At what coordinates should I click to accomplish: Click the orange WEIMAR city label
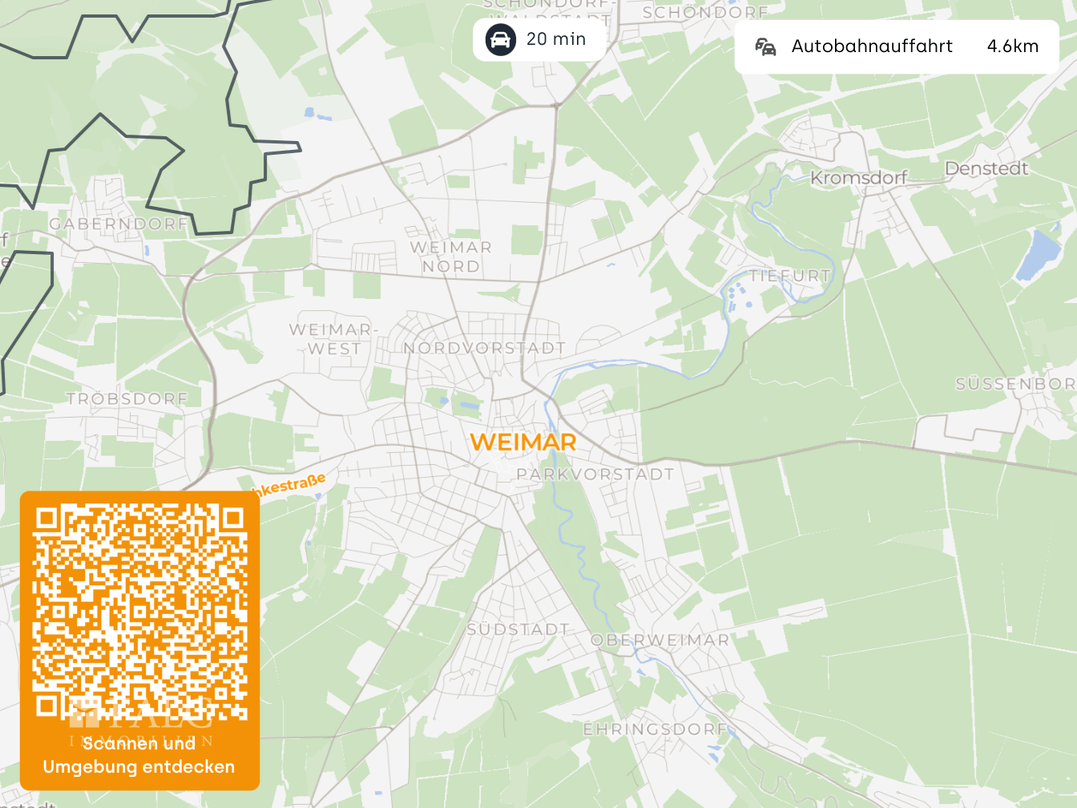point(522,442)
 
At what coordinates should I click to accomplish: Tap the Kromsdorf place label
point(858,178)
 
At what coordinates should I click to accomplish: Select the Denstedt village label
point(986,168)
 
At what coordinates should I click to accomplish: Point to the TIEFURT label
point(789,276)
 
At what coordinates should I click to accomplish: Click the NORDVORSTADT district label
point(484,348)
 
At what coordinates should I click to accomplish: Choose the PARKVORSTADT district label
point(595,475)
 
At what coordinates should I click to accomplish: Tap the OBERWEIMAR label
point(660,640)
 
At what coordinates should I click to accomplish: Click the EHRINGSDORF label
point(655,729)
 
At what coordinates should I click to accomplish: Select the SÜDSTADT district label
point(518,629)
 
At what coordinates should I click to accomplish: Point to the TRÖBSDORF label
point(127,398)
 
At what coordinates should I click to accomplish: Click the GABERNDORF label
point(119,224)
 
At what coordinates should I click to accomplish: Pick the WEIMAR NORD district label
point(451,257)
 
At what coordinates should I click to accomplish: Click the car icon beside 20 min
point(500,39)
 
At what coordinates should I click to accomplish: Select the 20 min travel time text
point(556,39)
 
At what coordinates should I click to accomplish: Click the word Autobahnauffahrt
point(872,46)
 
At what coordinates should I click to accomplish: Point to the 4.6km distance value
point(1013,46)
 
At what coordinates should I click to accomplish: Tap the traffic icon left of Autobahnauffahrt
point(765,47)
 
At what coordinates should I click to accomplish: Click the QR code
point(139,612)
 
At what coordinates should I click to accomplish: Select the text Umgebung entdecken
point(139,766)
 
